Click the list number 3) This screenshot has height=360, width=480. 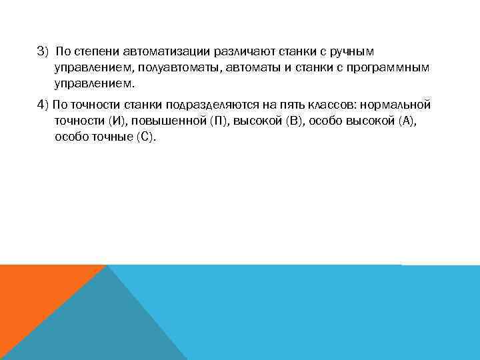(43, 52)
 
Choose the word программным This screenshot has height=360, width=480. (392, 68)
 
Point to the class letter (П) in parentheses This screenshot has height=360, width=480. (219, 121)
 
